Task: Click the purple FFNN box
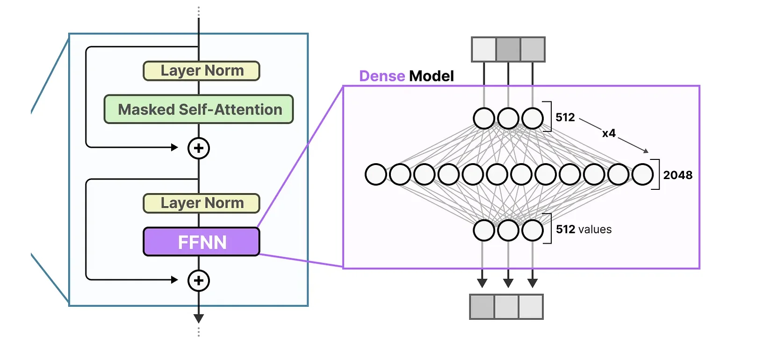coord(202,242)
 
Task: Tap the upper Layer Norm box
coord(202,71)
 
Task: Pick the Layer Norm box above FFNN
coord(202,203)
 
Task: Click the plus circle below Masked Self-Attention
coord(199,148)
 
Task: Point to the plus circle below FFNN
coord(199,281)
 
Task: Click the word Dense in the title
coord(382,76)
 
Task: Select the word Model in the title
coord(432,76)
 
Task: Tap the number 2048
coord(677,175)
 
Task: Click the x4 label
coord(609,133)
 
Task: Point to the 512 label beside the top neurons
coord(565,117)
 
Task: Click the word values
coord(595,230)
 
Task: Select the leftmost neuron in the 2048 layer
coord(376,174)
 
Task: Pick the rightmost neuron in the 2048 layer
coord(643,174)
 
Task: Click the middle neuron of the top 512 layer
coord(508,118)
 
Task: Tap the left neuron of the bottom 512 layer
coord(484,230)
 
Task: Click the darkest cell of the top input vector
coord(508,50)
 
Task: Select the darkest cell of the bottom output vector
coord(482,307)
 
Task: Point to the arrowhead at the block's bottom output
coord(199,319)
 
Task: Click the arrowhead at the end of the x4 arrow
coord(646,151)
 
